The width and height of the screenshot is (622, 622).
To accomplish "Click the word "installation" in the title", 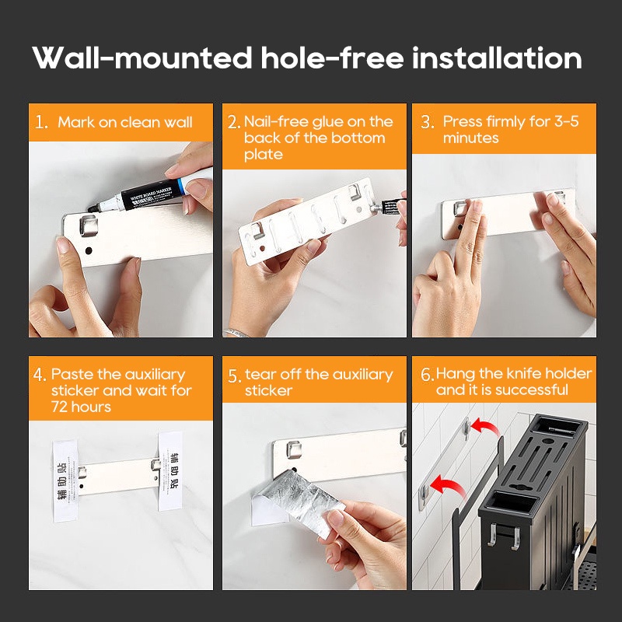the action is point(497,58).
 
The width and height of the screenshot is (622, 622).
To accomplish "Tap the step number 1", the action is point(41,122).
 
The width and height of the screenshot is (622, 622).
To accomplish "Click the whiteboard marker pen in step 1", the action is point(150,194).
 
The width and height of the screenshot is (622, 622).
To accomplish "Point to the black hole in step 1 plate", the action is point(89,250).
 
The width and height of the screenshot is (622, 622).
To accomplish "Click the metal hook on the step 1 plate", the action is point(89,225).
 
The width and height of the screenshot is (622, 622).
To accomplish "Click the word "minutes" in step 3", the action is point(470,138).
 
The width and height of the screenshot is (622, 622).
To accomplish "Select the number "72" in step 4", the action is point(59,407).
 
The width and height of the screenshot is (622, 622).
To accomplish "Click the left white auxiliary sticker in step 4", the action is point(65,480).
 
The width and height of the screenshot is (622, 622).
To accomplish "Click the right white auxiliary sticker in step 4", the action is point(170,471).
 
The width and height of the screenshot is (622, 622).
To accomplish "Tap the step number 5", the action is point(235,376).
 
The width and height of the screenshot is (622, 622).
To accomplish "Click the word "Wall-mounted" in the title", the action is point(142,58).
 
